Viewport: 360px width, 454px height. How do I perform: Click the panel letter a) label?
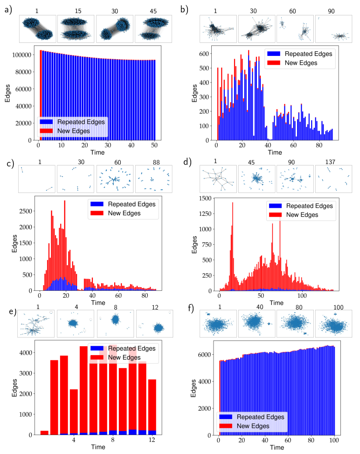click(8, 8)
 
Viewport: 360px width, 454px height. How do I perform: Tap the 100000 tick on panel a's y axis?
click(23, 55)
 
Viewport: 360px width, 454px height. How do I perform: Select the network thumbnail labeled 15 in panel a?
click(76, 28)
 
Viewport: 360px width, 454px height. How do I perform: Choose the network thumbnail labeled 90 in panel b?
click(333, 28)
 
